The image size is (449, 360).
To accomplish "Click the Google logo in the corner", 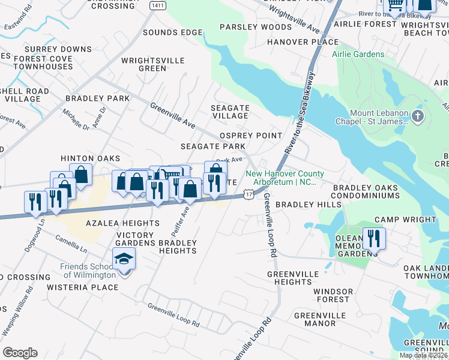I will pyautogui.click(x=20, y=353).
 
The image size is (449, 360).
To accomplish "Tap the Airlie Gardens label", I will pyautogui.click(x=358, y=55).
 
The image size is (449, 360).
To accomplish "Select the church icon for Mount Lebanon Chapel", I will pyautogui.click(x=418, y=115).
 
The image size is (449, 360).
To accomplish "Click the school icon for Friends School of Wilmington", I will pyautogui.click(x=124, y=259).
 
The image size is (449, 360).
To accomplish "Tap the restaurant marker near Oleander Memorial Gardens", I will pyautogui.click(x=374, y=238).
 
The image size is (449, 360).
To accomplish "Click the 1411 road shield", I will pyautogui.click(x=158, y=5).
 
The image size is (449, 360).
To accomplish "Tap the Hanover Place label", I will pyautogui.click(x=303, y=42).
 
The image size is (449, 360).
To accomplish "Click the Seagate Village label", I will pyautogui.click(x=230, y=112).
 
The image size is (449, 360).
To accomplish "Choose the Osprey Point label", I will pyautogui.click(x=251, y=136).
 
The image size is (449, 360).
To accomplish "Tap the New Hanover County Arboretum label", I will pyautogui.click(x=281, y=178).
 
